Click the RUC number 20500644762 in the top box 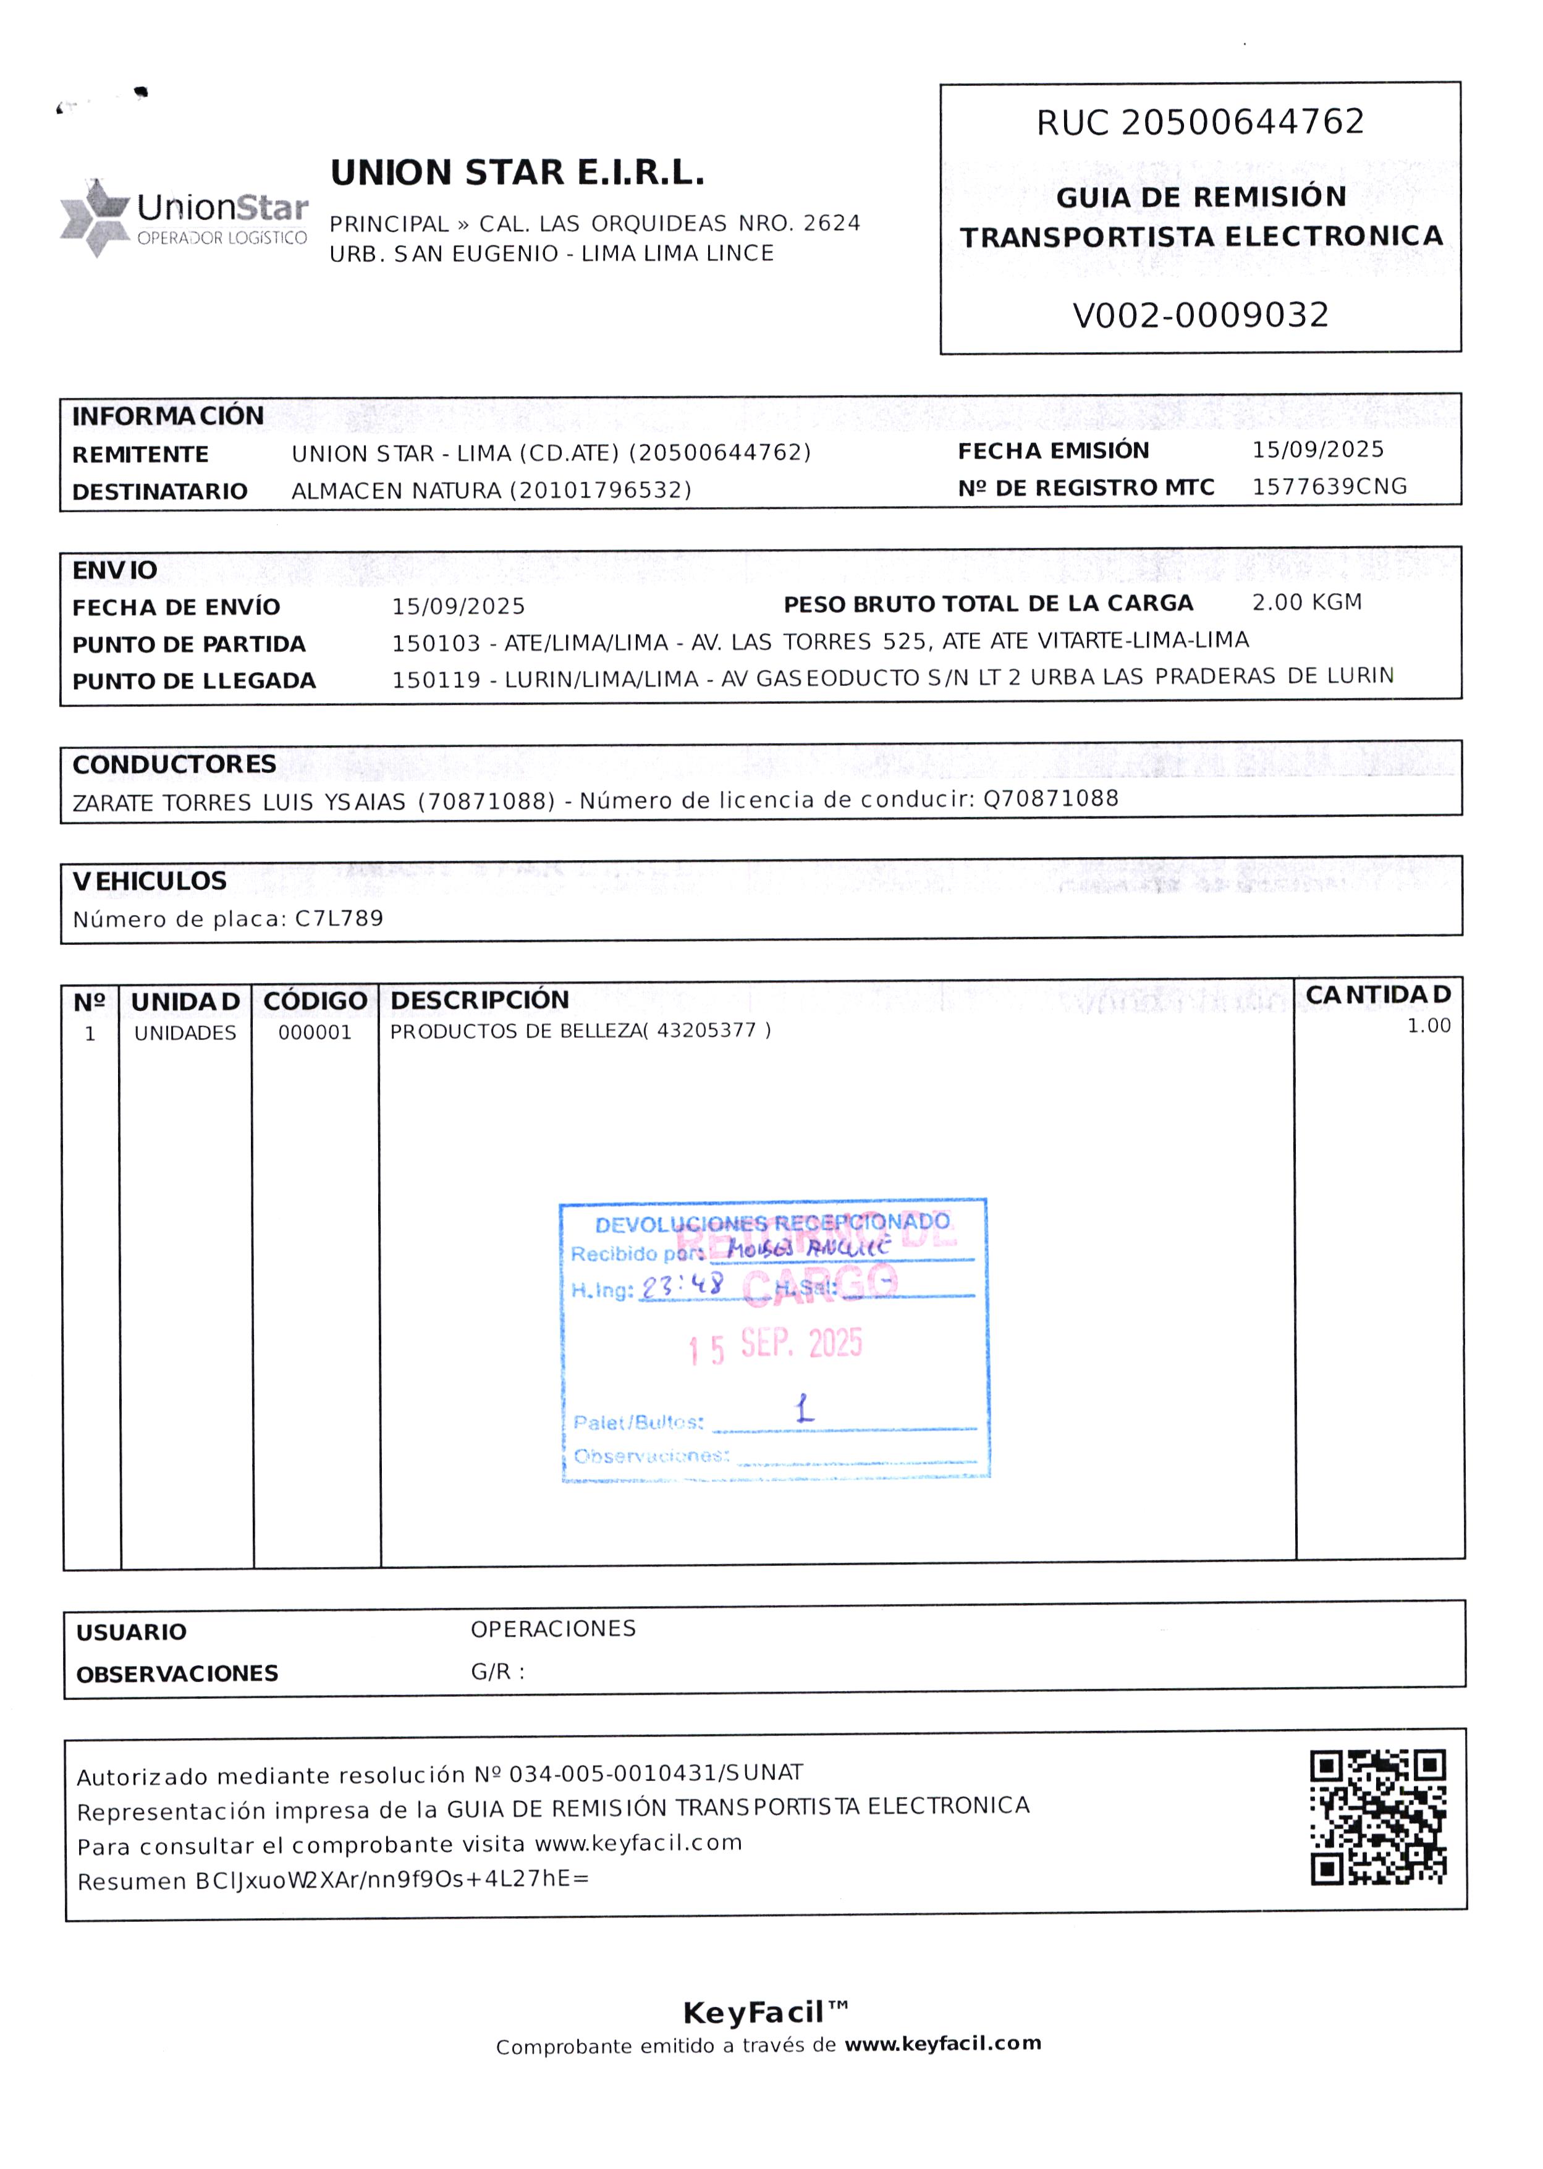pyautogui.click(x=1243, y=122)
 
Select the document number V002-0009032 pyautogui.click(x=1200, y=315)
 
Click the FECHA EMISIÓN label pyautogui.click(x=1053, y=450)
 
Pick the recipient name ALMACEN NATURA pyautogui.click(x=396, y=490)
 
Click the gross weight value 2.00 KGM pyautogui.click(x=1306, y=602)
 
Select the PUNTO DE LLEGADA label pyautogui.click(x=194, y=681)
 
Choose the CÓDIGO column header pyautogui.click(x=315, y=1000)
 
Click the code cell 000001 pyautogui.click(x=315, y=1033)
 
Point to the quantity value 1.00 pyautogui.click(x=1428, y=1026)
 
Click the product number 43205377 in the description pyautogui.click(x=706, y=1030)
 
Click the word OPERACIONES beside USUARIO pyautogui.click(x=553, y=1628)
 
